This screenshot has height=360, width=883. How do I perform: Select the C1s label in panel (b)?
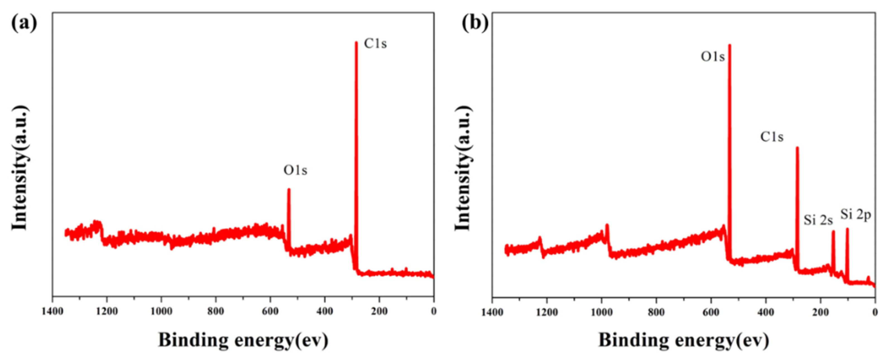click(x=772, y=137)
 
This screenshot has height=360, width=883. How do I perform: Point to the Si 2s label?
click(x=818, y=220)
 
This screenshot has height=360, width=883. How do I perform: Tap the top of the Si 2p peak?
click(x=847, y=229)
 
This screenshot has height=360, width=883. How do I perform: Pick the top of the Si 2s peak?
click(x=833, y=231)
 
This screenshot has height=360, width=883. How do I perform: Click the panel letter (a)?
click(x=24, y=24)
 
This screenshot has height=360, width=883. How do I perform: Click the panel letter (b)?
click(x=475, y=24)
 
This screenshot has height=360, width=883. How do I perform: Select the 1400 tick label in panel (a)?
click(x=52, y=311)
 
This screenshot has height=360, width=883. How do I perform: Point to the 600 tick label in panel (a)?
click(x=270, y=311)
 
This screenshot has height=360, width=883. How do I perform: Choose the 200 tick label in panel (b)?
click(x=820, y=312)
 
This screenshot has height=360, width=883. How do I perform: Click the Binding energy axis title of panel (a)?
click(x=243, y=340)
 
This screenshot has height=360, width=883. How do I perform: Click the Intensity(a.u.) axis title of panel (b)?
click(x=464, y=168)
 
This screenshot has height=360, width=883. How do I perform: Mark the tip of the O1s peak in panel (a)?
click(x=289, y=189)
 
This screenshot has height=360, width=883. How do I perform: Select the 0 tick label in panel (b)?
click(x=875, y=312)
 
